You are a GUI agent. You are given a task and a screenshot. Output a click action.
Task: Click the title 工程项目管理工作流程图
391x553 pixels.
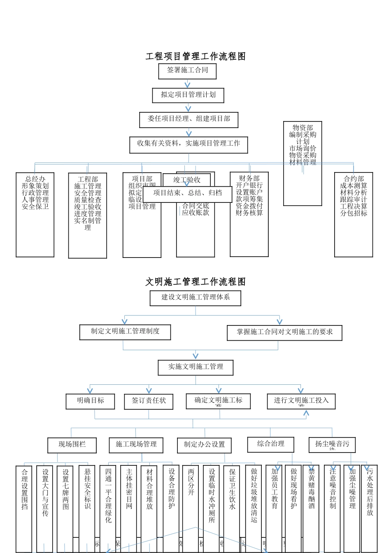click(195, 56)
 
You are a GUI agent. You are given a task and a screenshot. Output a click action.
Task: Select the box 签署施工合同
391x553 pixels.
click(187, 71)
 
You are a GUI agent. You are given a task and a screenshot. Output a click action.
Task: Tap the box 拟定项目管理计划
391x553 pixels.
click(188, 95)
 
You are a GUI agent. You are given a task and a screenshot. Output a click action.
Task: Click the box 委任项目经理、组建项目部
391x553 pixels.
click(189, 119)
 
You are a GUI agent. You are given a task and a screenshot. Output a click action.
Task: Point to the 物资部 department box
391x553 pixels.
click(303, 163)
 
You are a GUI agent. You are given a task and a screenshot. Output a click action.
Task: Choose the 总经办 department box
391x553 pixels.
click(35, 214)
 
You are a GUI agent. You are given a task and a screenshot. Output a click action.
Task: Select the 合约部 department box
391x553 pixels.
click(354, 214)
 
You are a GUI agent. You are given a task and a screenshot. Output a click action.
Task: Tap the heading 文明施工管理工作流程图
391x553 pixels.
click(195, 282)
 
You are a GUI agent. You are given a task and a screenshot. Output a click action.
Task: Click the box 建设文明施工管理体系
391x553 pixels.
click(195, 298)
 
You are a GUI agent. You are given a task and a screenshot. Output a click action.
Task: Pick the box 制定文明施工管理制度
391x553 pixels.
click(125, 332)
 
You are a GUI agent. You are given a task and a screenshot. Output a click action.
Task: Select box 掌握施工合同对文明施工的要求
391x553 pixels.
click(284, 332)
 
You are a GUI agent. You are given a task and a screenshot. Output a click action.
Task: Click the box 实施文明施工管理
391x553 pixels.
click(195, 367)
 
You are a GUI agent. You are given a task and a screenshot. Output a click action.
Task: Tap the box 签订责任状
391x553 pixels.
click(149, 401)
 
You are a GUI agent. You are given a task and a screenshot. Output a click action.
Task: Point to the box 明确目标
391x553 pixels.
click(90, 401)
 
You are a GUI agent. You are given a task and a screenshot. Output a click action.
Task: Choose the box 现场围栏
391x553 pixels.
click(72, 445)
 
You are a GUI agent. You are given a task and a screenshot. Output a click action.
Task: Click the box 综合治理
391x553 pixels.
click(271, 444)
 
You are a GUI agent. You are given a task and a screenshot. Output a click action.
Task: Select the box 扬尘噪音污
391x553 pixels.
click(332, 444)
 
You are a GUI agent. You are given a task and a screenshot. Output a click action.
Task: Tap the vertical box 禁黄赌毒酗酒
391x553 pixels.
click(311, 508)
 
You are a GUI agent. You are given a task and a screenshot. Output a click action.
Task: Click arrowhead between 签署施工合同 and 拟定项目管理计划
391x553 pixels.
click(188, 85)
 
